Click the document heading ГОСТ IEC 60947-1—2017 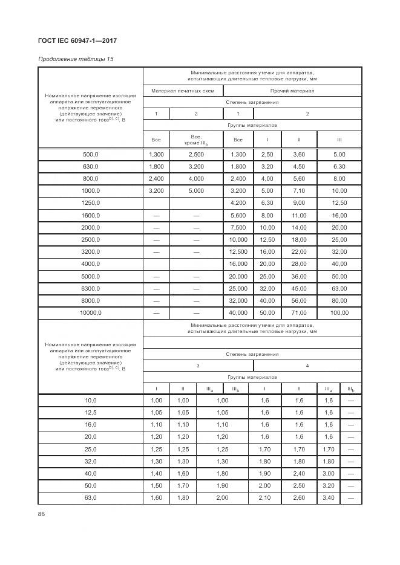[77, 41]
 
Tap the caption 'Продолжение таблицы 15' [76, 59]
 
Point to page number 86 [42, 514]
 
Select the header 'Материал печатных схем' [183, 91]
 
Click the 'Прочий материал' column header [292, 91]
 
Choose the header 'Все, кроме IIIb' [196, 140]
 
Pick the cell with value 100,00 [339, 313]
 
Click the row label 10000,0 [91, 313]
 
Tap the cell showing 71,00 [299, 313]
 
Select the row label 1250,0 [91, 203]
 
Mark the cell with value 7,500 [238, 227]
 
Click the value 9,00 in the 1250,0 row [299, 203]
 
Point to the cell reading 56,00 [299, 300]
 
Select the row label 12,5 [91, 413]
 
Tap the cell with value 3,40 [329, 498]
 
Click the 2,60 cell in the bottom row [299, 498]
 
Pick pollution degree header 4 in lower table [307, 366]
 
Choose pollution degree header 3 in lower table [197, 366]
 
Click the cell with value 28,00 [299, 264]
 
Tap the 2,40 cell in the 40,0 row [299, 474]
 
